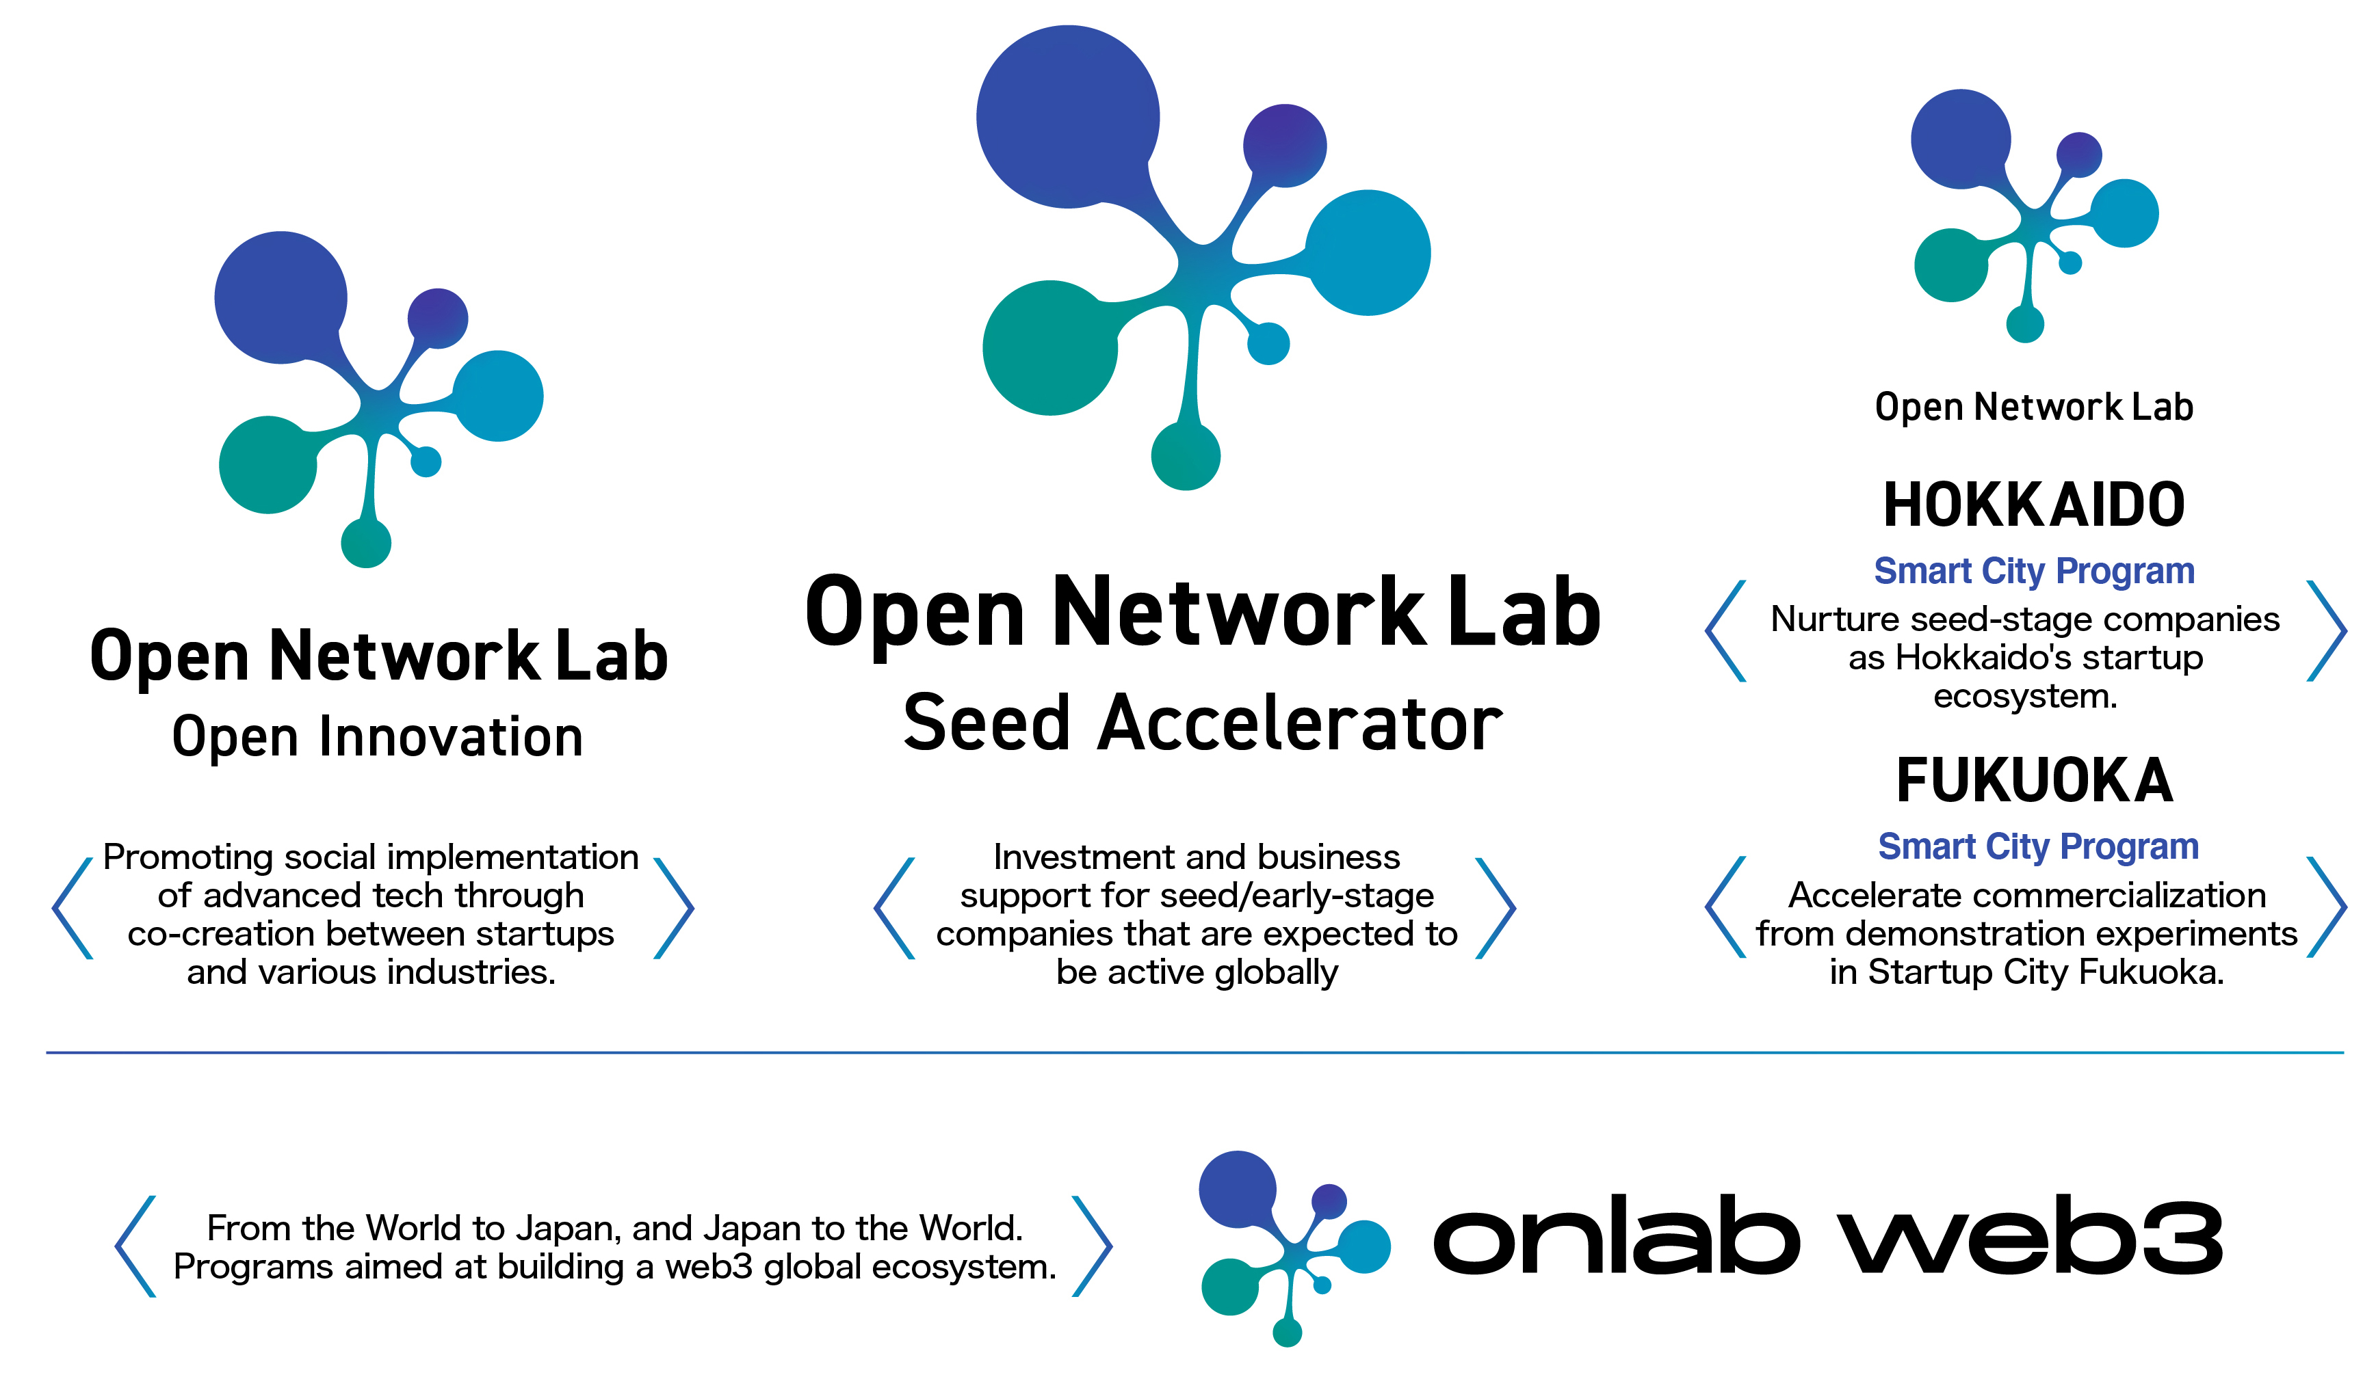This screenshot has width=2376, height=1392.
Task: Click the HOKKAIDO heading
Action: [2034, 504]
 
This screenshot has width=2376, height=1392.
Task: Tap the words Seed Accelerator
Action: [1202, 723]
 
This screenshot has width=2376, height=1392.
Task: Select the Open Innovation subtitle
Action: [377, 737]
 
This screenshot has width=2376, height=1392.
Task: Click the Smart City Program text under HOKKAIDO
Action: [2034, 571]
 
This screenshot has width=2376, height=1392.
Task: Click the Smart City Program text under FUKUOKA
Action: [2037, 846]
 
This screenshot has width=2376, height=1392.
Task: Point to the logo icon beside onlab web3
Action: [1294, 1248]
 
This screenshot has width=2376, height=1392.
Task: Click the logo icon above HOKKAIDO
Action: [2034, 215]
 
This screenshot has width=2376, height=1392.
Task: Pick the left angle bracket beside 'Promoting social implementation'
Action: [73, 909]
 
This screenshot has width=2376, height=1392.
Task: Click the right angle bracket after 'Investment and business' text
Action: [1496, 909]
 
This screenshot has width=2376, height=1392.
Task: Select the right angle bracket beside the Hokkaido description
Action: [2326, 630]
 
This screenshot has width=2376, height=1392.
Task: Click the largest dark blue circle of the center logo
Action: [1067, 117]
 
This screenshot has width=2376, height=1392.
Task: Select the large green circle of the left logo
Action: [267, 465]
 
